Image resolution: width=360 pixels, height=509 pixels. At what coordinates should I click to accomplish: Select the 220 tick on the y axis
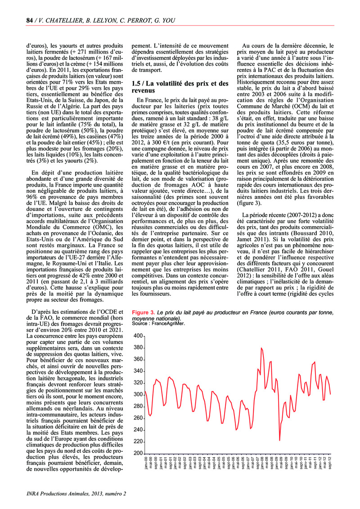[x=137, y=441]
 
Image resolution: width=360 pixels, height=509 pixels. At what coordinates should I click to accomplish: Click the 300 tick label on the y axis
[x=137, y=394]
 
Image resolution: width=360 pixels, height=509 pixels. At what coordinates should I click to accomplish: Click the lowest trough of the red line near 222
[x=279, y=440]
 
